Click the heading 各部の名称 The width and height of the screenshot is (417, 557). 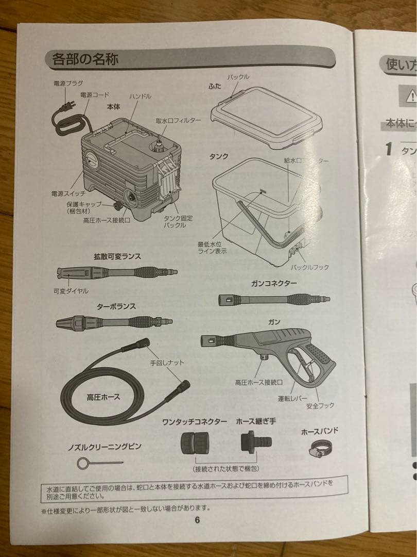tap(85, 59)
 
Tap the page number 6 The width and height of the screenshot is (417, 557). tap(197, 519)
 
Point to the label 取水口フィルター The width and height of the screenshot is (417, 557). tap(179, 121)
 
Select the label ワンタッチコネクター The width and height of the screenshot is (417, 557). tap(194, 421)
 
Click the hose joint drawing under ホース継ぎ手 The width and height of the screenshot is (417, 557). tap(255, 442)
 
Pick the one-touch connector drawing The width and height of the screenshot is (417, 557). tap(195, 443)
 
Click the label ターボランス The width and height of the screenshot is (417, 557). tap(116, 306)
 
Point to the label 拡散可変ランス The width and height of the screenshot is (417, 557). tap(117, 256)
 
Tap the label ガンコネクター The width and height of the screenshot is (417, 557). tap(274, 284)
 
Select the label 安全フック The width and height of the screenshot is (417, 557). tap(320, 405)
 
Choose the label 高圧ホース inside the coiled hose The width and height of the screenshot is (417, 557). tap(103, 397)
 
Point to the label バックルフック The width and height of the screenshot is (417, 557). tap(309, 267)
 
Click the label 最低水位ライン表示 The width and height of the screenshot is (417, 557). tap(212, 248)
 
